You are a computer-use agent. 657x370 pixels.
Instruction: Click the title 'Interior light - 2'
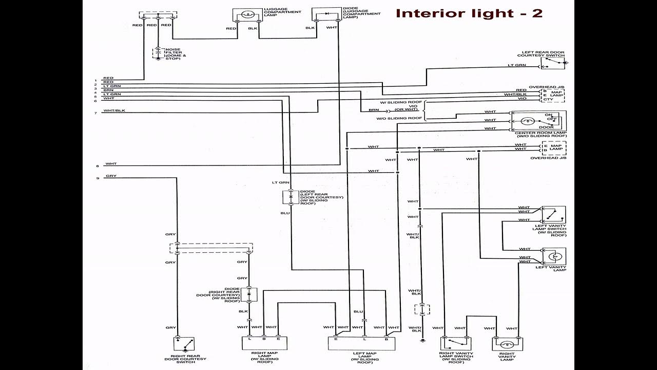pyautogui.click(x=469, y=13)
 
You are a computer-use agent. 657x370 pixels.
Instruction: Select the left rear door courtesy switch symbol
pyautogui.click(x=553, y=63)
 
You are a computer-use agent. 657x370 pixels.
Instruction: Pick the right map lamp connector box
pyautogui.click(x=264, y=343)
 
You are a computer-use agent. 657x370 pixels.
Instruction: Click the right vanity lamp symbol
pyautogui.click(x=507, y=344)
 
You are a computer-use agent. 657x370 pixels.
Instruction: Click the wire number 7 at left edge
pyautogui.click(x=95, y=113)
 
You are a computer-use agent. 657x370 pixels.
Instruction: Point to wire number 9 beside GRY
pyautogui.click(x=97, y=178)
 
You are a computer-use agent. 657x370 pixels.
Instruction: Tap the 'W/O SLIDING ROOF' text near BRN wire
pyautogui.click(x=406, y=118)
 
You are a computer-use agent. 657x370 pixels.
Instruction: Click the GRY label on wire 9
pyautogui.click(x=111, y=176)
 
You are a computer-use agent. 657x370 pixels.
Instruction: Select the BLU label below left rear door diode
pyautogui.click(x=284, y=212)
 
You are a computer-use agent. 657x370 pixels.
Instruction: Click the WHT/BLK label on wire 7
pyautogui.click(x=114, y=110)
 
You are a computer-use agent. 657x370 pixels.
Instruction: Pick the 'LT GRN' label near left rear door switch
pyautogui.click(x=517, y=65)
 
